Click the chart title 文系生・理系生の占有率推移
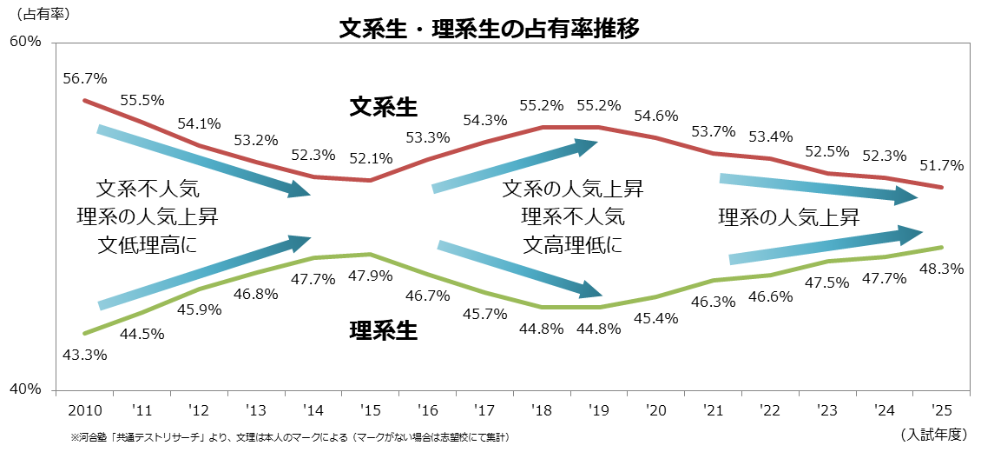490,29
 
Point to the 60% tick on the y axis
25,42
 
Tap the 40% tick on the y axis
25,389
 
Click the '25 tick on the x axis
941,409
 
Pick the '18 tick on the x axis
542,409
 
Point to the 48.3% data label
943,269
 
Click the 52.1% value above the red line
371,159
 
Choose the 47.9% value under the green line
371,276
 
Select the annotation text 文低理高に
148,245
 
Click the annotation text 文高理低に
572,245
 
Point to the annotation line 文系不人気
148,188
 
